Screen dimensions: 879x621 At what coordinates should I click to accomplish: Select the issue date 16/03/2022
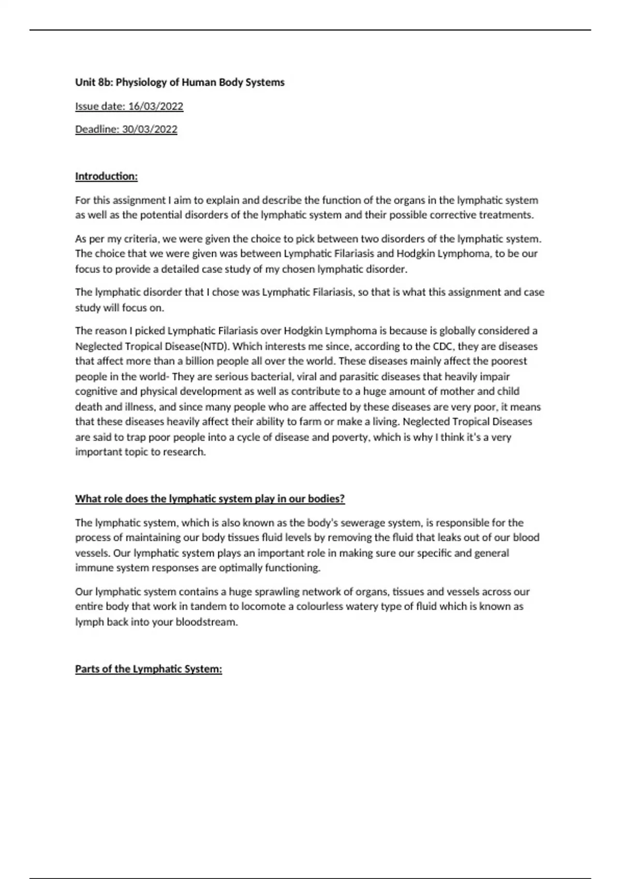[156, 107]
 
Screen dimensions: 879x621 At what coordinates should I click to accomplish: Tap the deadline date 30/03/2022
[150, 129]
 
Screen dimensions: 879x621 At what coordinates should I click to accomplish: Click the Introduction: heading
[106, 176]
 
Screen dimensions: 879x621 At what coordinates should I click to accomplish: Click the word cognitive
[96, 391]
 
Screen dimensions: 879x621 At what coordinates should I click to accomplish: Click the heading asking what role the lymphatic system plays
[210, 499]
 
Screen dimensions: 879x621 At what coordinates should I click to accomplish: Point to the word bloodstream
[206, 622]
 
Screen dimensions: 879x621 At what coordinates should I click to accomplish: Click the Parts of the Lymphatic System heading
[149, 669]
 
